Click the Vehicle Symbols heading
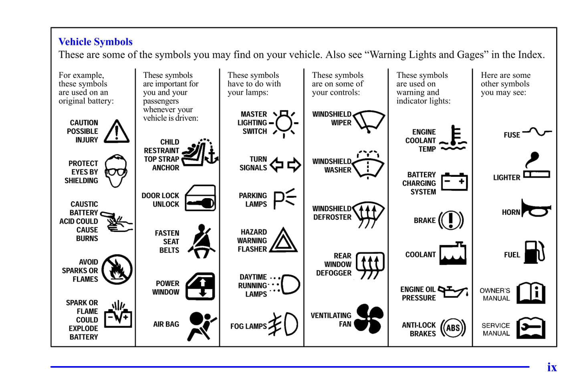pos(95,42)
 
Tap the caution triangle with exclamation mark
pos(117,132)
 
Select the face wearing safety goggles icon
pos(116,171)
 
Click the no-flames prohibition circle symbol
pos(117,269)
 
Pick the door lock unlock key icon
pos(200,199)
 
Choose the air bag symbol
pos(202,325)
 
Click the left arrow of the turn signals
pos(276,164)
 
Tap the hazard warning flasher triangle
pos(283,241)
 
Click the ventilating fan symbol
pos(369,319)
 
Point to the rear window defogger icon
pos(370,265)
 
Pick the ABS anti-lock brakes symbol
pos(453,328)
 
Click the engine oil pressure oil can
pos(453,292)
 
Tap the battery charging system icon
pos(454,182)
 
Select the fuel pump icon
pos(534,252)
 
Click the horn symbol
pos(536,209)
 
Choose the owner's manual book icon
pos(531,293)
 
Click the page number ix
pos(552,367)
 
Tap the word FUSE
pos(512,135)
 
